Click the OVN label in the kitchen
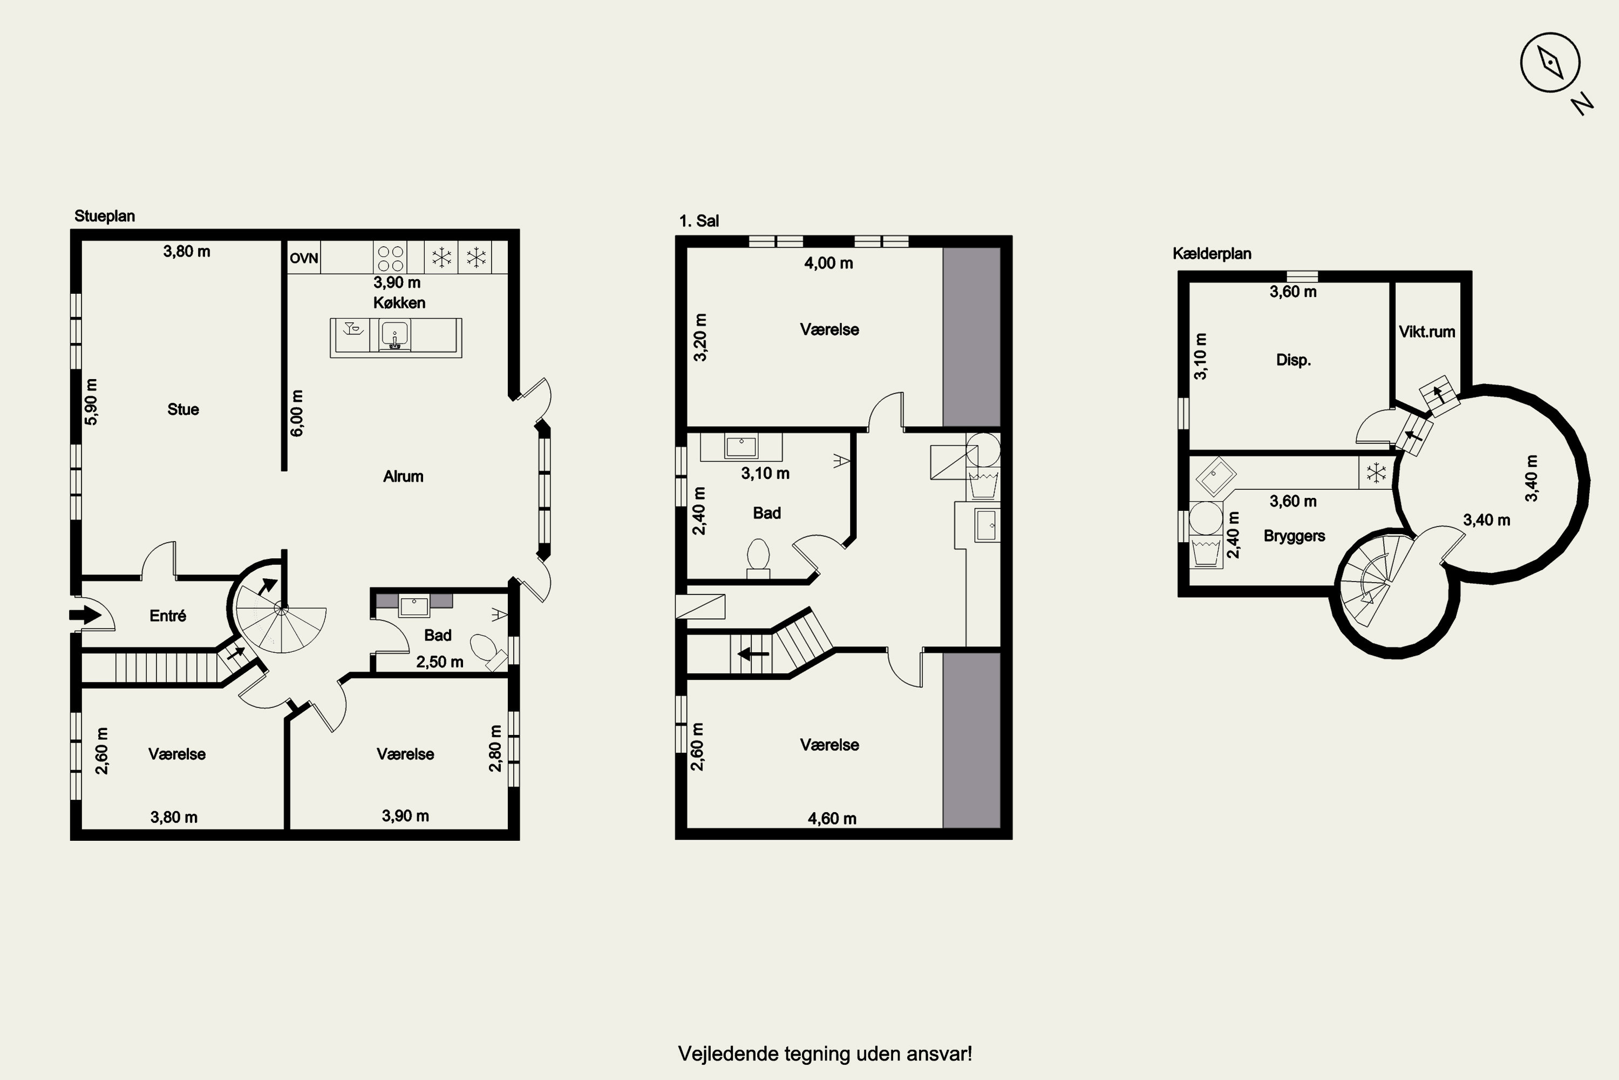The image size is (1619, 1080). [303, 258]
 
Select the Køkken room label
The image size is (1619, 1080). [399, 303]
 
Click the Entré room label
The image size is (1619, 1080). [168, 616]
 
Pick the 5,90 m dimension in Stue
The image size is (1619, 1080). [91, 402]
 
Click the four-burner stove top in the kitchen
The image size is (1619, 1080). [390, 258]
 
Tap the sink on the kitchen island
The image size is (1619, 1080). [395, 335]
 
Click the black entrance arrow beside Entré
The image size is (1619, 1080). [85, 615]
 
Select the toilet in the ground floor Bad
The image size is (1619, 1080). [487, 650]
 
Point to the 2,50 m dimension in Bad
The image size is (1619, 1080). [440, 663]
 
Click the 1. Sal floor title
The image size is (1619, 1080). [699, 221]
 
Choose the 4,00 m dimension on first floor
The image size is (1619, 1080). [829, 263]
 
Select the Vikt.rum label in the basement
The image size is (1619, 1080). [1427, 332]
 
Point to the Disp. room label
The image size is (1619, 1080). [1294, 360]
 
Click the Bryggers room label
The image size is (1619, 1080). [1294, 536]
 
